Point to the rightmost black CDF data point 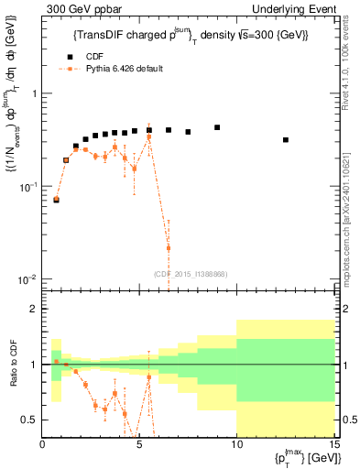[x=286, y=140]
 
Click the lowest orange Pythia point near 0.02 [x=168, y=247]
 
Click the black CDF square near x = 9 [x=217, y=127]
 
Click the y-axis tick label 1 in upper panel [x=34, y=94]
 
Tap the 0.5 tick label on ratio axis [x=29, y=420]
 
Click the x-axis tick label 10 [x=236, y=447]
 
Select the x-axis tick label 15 [x=333, y=447]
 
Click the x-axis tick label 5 [x=139, y=447]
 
